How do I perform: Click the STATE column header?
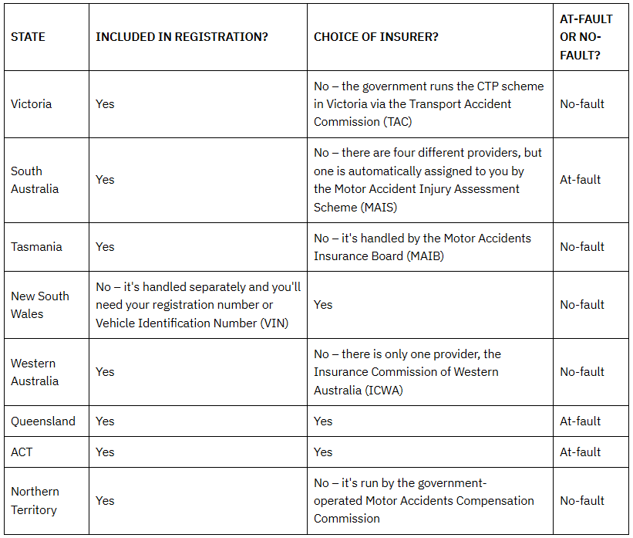28,37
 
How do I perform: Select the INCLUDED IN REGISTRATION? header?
182,37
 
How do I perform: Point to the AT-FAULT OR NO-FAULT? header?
586,37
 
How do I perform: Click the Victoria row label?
31,103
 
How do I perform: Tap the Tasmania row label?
36,247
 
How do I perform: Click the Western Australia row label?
35,372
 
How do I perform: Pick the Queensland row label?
43,421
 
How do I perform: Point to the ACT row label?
22,452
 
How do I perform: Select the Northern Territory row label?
35,500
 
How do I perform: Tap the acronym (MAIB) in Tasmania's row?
422,256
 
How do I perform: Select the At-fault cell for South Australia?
580,180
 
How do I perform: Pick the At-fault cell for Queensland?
580,421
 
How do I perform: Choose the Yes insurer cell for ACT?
323,452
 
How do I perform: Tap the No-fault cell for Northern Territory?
582,500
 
